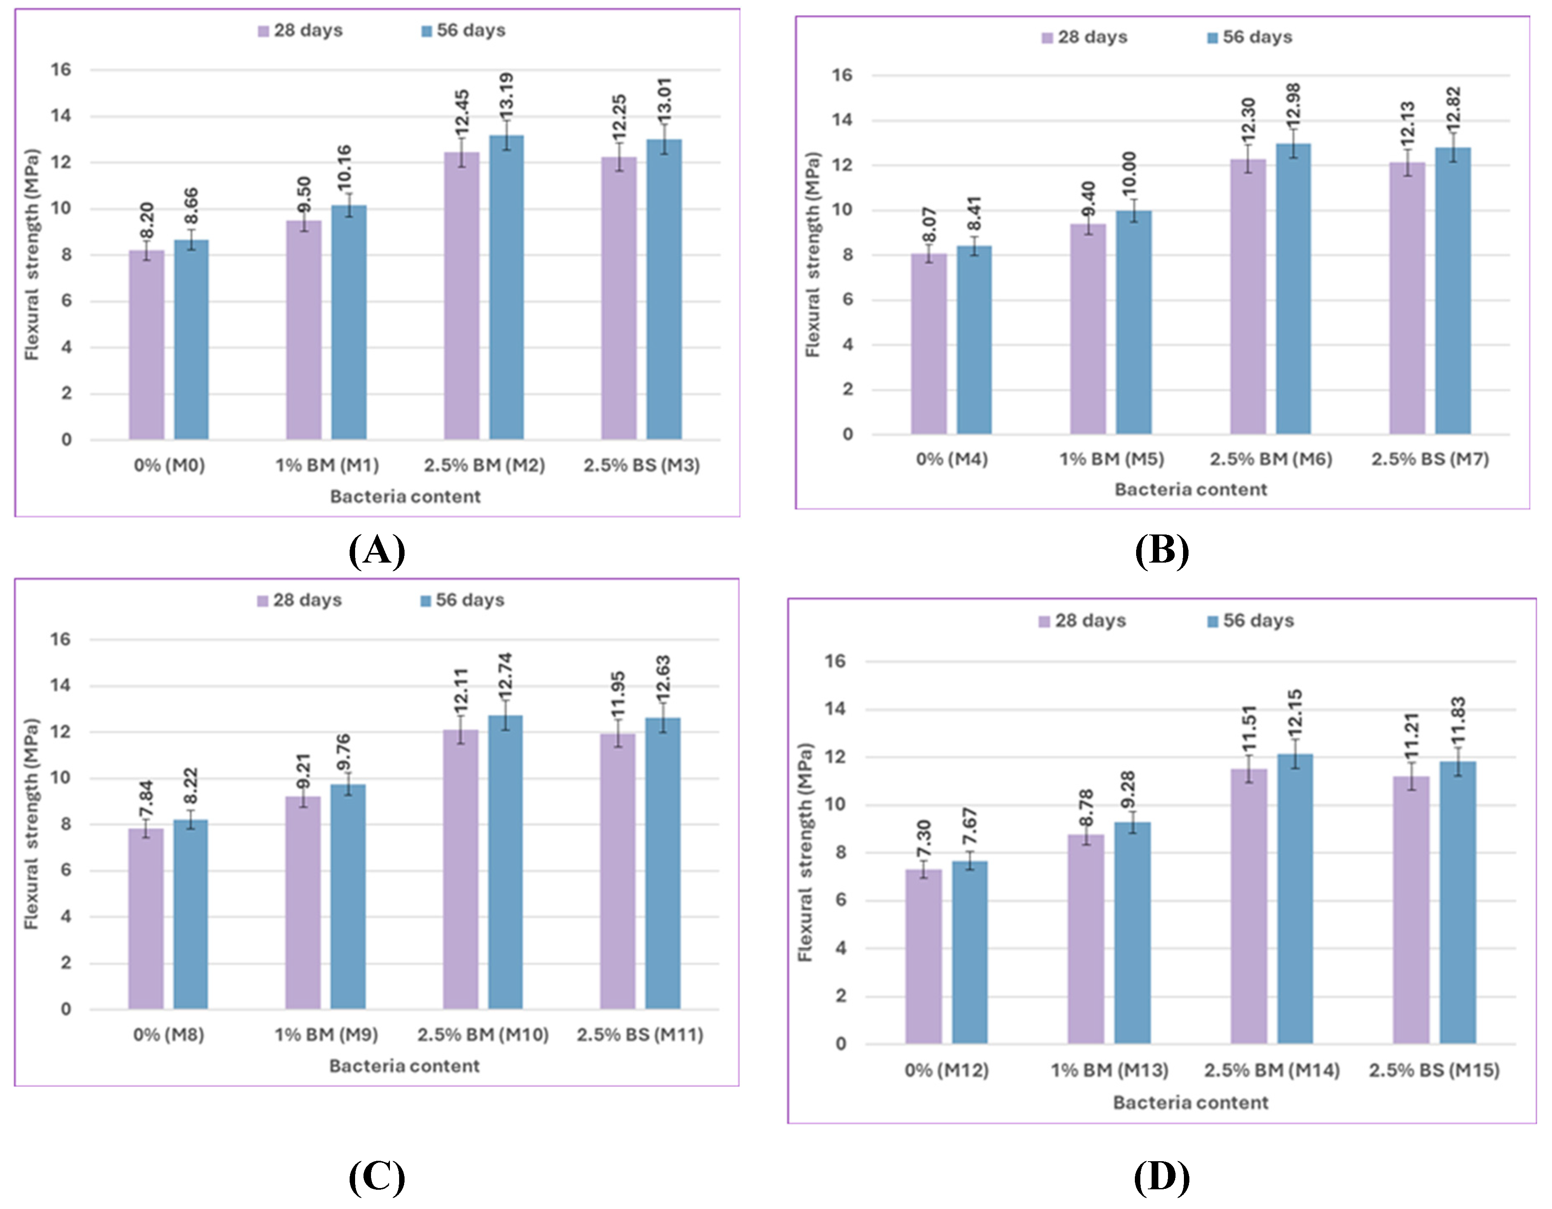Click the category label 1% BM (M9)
(x=326, y=1035)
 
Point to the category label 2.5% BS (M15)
(x=1434, y=1070)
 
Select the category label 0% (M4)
(x=952, y=459)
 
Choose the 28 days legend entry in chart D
(x=1082, y=621)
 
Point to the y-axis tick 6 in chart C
(x=65, y=871)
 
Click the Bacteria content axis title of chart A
(x=405, y=497)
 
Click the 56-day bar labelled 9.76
(x=348, y=897)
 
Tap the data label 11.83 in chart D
(x=1458, y=719)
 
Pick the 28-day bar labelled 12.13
(x=1407, y=298)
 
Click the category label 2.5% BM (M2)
(x=485, y=466)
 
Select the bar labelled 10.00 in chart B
(x=1134, y=323)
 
